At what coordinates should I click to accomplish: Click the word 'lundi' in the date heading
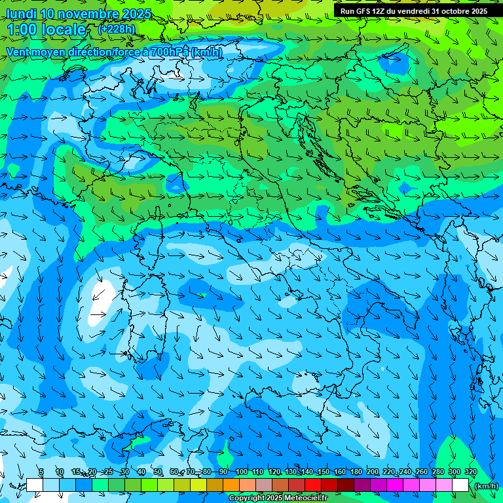21,14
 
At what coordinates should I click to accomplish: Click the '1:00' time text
22,29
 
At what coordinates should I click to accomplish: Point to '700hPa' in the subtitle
170,52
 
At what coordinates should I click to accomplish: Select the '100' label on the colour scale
242,472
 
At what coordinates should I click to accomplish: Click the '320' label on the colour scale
470,472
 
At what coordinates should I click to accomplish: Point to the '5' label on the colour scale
41,472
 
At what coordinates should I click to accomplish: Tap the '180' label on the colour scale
356,472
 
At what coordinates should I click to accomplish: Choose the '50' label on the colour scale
158,472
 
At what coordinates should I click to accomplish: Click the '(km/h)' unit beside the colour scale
485,486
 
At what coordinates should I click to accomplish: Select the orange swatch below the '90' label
231,485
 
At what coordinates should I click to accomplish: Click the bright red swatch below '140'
312,485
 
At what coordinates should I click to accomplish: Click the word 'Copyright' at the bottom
246,498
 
